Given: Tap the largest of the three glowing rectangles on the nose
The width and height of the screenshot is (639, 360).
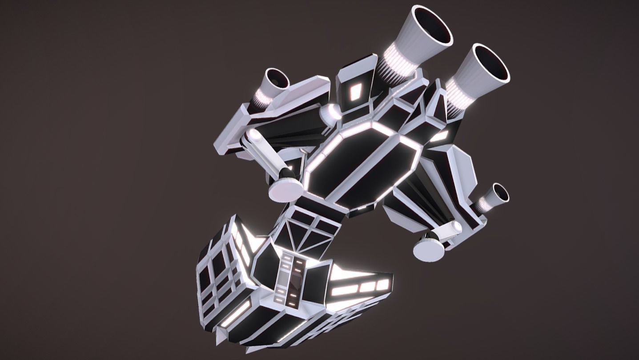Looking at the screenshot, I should pyautogui.click(x=345, y=291).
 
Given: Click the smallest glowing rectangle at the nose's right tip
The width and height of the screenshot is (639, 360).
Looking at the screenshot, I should pyautogui.click(x=382, y=284).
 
